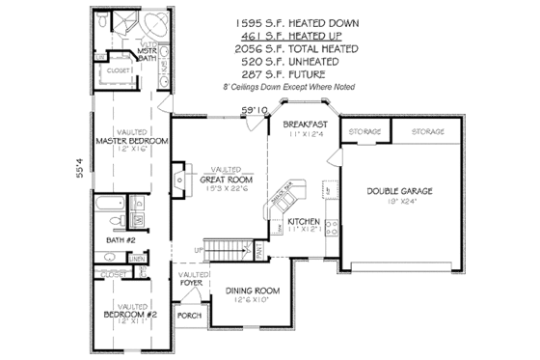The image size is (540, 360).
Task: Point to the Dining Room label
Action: (253, 291)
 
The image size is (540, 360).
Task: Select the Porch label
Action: (187, 317)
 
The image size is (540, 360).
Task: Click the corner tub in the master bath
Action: (151, 28)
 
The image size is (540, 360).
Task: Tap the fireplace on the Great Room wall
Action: (180, 180)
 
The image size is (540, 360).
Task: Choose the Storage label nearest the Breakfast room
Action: (367, 130)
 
